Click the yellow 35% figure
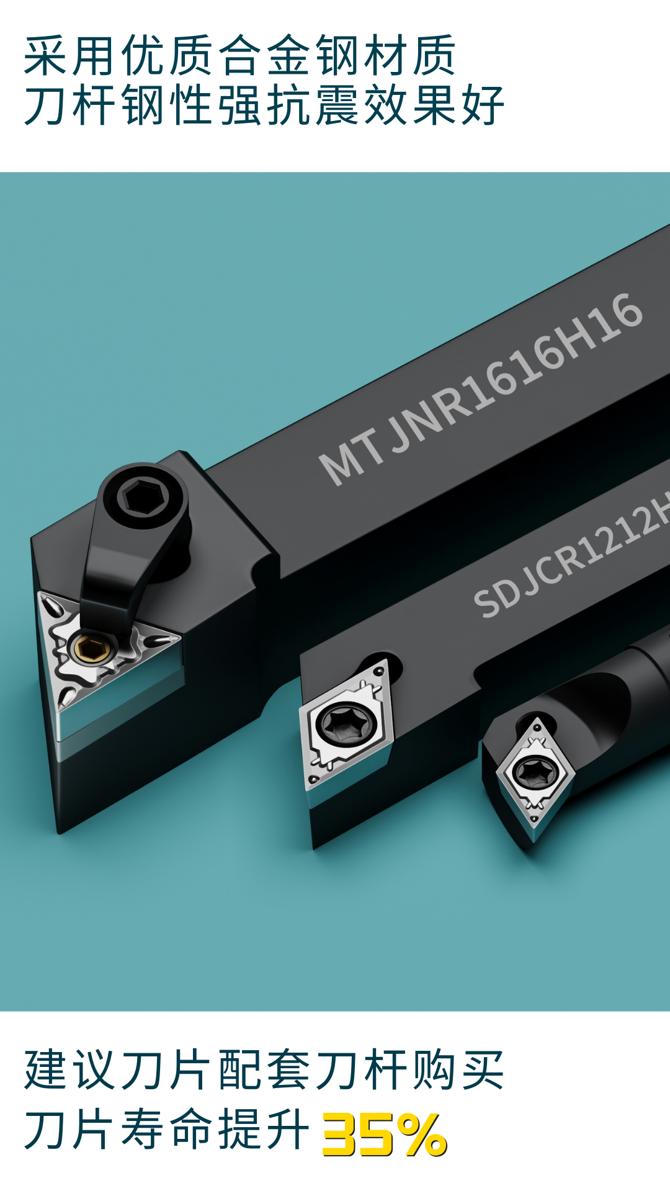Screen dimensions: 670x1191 [385, 1135]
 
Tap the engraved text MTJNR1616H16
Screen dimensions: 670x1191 [481, 389]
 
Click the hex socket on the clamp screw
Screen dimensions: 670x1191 [143, 496]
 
